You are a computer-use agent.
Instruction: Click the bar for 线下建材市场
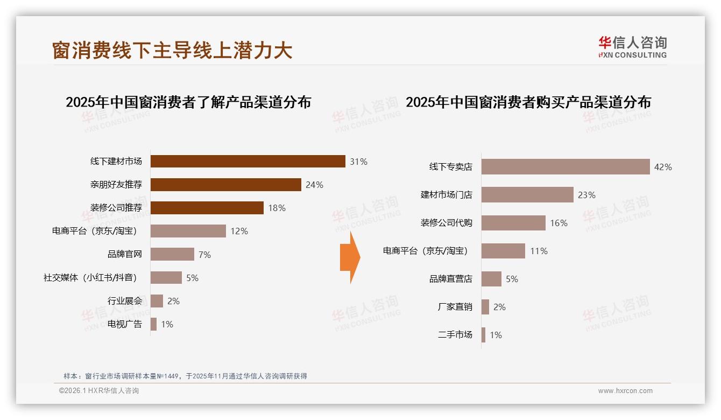pyautogui.click(x=248, y=162)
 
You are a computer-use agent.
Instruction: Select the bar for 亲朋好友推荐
pyautogui.click(x=225, y=185)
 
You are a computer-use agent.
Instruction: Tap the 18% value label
pyautogui.click(x=277, y=208)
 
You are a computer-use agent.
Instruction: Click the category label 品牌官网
pyautogui.click(x=125, y=254)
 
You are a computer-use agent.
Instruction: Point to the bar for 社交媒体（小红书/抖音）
pyautogui.click(x=166, y=278)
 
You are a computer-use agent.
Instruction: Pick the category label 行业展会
pyautogui.click(x=125, y=301)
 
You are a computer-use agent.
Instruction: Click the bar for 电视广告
pyautogui.click(x=154, y=324)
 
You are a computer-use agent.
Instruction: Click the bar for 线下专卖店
pyautogui.click(x=565, y=167)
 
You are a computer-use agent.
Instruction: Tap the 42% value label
pyautogui.click(x=663, y=167)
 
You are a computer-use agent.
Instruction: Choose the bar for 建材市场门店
pyautogui.click(x=527, y=195)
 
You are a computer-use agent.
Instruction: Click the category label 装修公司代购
pyautogui.click(x=446, y=223)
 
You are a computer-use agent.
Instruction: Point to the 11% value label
pyautogui.click(x=539, y=251)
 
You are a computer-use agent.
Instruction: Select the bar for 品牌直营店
pyautogui.click(x=491, y=279)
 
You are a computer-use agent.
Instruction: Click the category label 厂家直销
pyautogui.click(x=455, y=307)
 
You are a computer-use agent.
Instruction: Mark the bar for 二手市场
pyautogui.click(x=484, y=335)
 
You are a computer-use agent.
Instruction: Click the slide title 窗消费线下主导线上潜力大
pyautogui.click(x=172, y=50)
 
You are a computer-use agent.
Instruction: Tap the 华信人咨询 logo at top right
pyautogui.click(x=632, y=47)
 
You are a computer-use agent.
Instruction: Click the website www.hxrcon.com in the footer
pyautogui.click(x=625, y=391)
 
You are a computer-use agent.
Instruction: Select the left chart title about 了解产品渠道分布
pyautogui.click(x=188, y=102)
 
